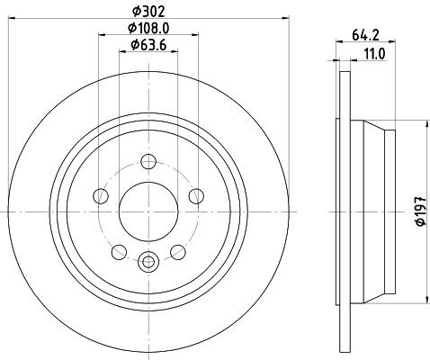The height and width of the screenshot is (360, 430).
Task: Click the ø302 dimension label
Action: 148,12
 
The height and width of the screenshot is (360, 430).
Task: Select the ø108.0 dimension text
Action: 148,28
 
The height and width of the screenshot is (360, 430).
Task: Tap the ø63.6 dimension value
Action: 148,45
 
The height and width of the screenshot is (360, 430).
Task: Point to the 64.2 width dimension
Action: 365,35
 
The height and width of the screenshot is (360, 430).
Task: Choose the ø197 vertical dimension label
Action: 421,211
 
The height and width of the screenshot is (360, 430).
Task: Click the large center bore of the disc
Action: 148,211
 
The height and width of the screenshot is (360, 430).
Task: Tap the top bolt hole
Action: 148,161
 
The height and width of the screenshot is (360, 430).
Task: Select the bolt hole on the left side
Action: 101,196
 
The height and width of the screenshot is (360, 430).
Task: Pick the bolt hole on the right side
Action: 196,196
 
